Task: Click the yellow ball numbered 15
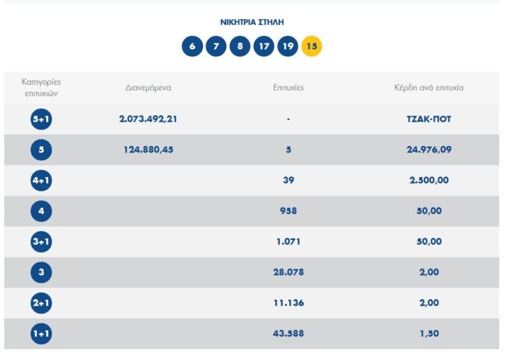312,46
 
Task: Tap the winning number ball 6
192,46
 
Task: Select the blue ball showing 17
263,46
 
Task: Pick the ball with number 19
287,46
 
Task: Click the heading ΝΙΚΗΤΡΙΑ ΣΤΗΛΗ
252,22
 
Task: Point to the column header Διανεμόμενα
148,88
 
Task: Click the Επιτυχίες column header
288,88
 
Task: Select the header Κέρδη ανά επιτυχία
428,88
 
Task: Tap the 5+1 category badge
41,120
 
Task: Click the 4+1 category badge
41,180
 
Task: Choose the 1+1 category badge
41,334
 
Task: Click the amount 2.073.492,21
148,120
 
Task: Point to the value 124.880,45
148,150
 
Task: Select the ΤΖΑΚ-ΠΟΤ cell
429,120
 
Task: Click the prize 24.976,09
429,150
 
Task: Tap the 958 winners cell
288,211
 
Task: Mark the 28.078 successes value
288,272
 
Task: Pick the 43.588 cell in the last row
288,334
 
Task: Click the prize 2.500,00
429,180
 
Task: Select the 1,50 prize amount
429,334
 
